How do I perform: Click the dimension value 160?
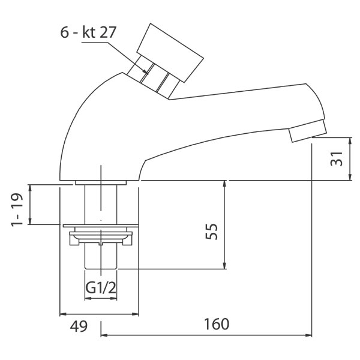coord(217,324)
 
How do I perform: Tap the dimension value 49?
coord(79,326)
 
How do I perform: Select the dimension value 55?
coord(211,232)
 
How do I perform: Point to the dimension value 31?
coord(337,158)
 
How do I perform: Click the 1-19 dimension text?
coord(17,210)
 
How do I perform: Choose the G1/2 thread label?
coord(101,287)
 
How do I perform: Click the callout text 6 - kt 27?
coord(88,32)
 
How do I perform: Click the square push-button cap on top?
coord(170,53)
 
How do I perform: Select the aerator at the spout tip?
coord(308,131)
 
